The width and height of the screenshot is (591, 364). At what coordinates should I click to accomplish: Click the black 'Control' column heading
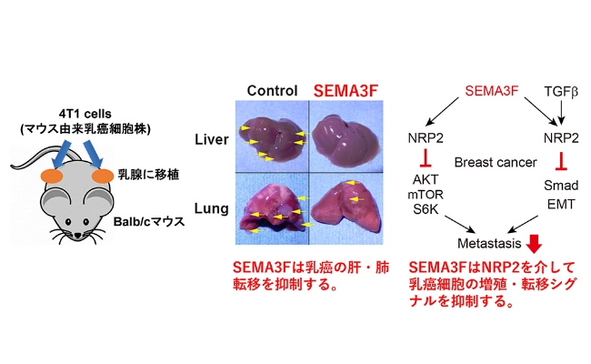272,90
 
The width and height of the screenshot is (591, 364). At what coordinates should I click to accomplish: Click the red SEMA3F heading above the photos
346,90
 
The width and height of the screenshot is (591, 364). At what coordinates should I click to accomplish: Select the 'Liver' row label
212,139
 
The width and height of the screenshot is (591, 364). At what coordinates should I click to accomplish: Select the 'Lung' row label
212,208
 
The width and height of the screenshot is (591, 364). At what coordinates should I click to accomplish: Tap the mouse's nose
77,236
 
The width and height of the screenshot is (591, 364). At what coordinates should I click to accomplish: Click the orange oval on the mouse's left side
52,176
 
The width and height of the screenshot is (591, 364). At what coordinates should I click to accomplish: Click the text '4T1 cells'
85,114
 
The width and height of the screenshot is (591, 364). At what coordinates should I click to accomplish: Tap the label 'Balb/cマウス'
149,221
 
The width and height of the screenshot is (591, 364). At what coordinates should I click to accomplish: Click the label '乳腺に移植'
148,175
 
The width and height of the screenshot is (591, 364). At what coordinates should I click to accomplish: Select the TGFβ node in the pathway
561,91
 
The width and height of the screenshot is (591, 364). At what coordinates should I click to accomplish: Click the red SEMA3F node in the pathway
492,90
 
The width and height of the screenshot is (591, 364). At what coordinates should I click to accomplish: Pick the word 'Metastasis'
489,243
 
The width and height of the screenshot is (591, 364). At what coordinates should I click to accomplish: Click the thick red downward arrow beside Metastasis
534,244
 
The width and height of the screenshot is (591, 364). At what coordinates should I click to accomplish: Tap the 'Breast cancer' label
496,162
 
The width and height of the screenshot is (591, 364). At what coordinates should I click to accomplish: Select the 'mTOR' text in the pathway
426,194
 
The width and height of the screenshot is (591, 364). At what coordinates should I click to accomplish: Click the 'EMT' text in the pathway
561,205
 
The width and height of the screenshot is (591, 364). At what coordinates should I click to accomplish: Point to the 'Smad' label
561,186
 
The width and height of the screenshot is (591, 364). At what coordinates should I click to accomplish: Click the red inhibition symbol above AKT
426,157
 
